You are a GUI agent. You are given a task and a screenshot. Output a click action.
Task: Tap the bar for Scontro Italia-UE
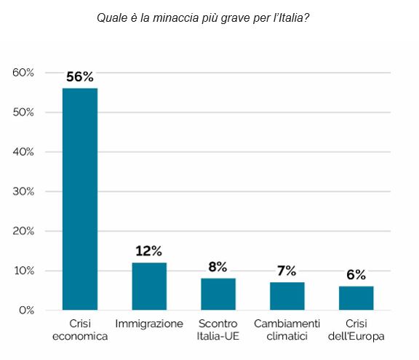coord(218,294)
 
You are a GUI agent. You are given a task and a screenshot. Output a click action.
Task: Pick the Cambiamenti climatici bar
coord(287,296)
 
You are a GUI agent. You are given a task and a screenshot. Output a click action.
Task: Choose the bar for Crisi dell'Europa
coord(356,298)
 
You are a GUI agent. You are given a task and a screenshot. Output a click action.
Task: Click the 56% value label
coord(80,77)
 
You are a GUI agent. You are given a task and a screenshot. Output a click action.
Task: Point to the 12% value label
coord(148,251)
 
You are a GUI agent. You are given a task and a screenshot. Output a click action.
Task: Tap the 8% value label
coord(218,267)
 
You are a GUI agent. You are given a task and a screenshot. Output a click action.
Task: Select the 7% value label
coord(287,271)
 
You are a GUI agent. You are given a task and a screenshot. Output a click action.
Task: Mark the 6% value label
coord(356,275)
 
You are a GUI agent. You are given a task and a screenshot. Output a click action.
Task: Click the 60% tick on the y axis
coord(23,73)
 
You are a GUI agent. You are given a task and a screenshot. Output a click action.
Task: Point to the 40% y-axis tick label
coord(23,152)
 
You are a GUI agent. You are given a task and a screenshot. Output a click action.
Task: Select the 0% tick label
coord(26,311)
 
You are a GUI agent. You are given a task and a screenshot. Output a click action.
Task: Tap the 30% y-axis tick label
coord(23,192)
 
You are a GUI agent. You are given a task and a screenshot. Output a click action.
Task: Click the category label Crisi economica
coord(80,329)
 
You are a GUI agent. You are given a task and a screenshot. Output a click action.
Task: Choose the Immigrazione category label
coord(149,324)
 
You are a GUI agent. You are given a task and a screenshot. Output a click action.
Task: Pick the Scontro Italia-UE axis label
coord(218,329)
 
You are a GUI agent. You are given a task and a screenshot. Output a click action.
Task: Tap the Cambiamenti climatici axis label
coord(287,329)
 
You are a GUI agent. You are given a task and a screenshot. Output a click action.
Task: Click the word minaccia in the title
coord(176,17)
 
